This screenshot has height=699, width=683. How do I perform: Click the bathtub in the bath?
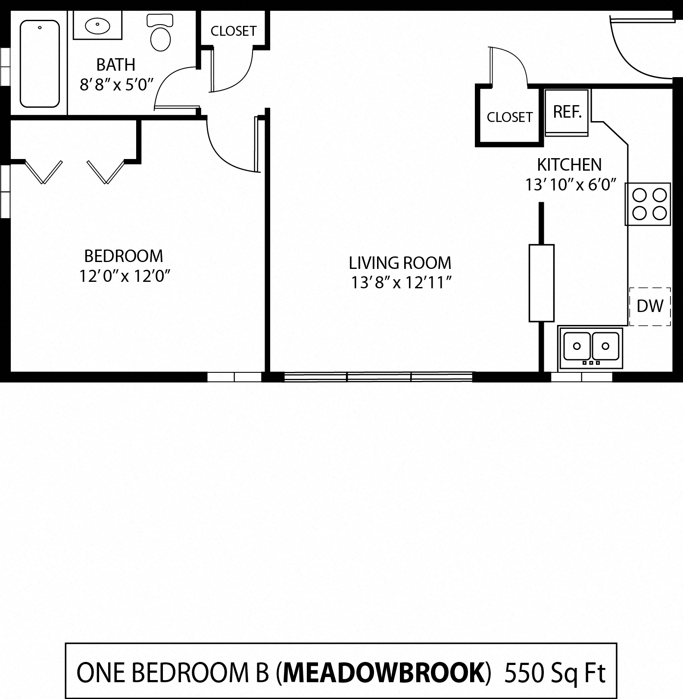40,63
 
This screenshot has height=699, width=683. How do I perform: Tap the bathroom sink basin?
97,26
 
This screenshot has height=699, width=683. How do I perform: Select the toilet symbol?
160,34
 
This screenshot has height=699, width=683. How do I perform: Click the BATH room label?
115,65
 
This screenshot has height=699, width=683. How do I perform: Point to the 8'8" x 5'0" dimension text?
117,85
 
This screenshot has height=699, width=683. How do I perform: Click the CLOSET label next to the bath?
234,31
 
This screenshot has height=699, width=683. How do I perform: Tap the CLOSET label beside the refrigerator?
509,117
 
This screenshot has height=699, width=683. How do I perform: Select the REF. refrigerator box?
567,112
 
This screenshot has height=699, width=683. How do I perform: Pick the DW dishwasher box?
650,306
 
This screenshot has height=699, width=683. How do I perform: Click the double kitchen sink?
591,347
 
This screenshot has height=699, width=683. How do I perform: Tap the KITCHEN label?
569,165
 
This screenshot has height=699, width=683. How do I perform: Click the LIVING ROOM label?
400,263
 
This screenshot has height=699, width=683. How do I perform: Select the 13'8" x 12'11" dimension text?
401,283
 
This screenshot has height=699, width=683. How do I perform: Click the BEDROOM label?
124,256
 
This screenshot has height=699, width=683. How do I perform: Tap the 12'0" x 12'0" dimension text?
125,276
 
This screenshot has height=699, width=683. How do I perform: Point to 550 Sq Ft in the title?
555,671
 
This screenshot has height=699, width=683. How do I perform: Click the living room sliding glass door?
378,377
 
